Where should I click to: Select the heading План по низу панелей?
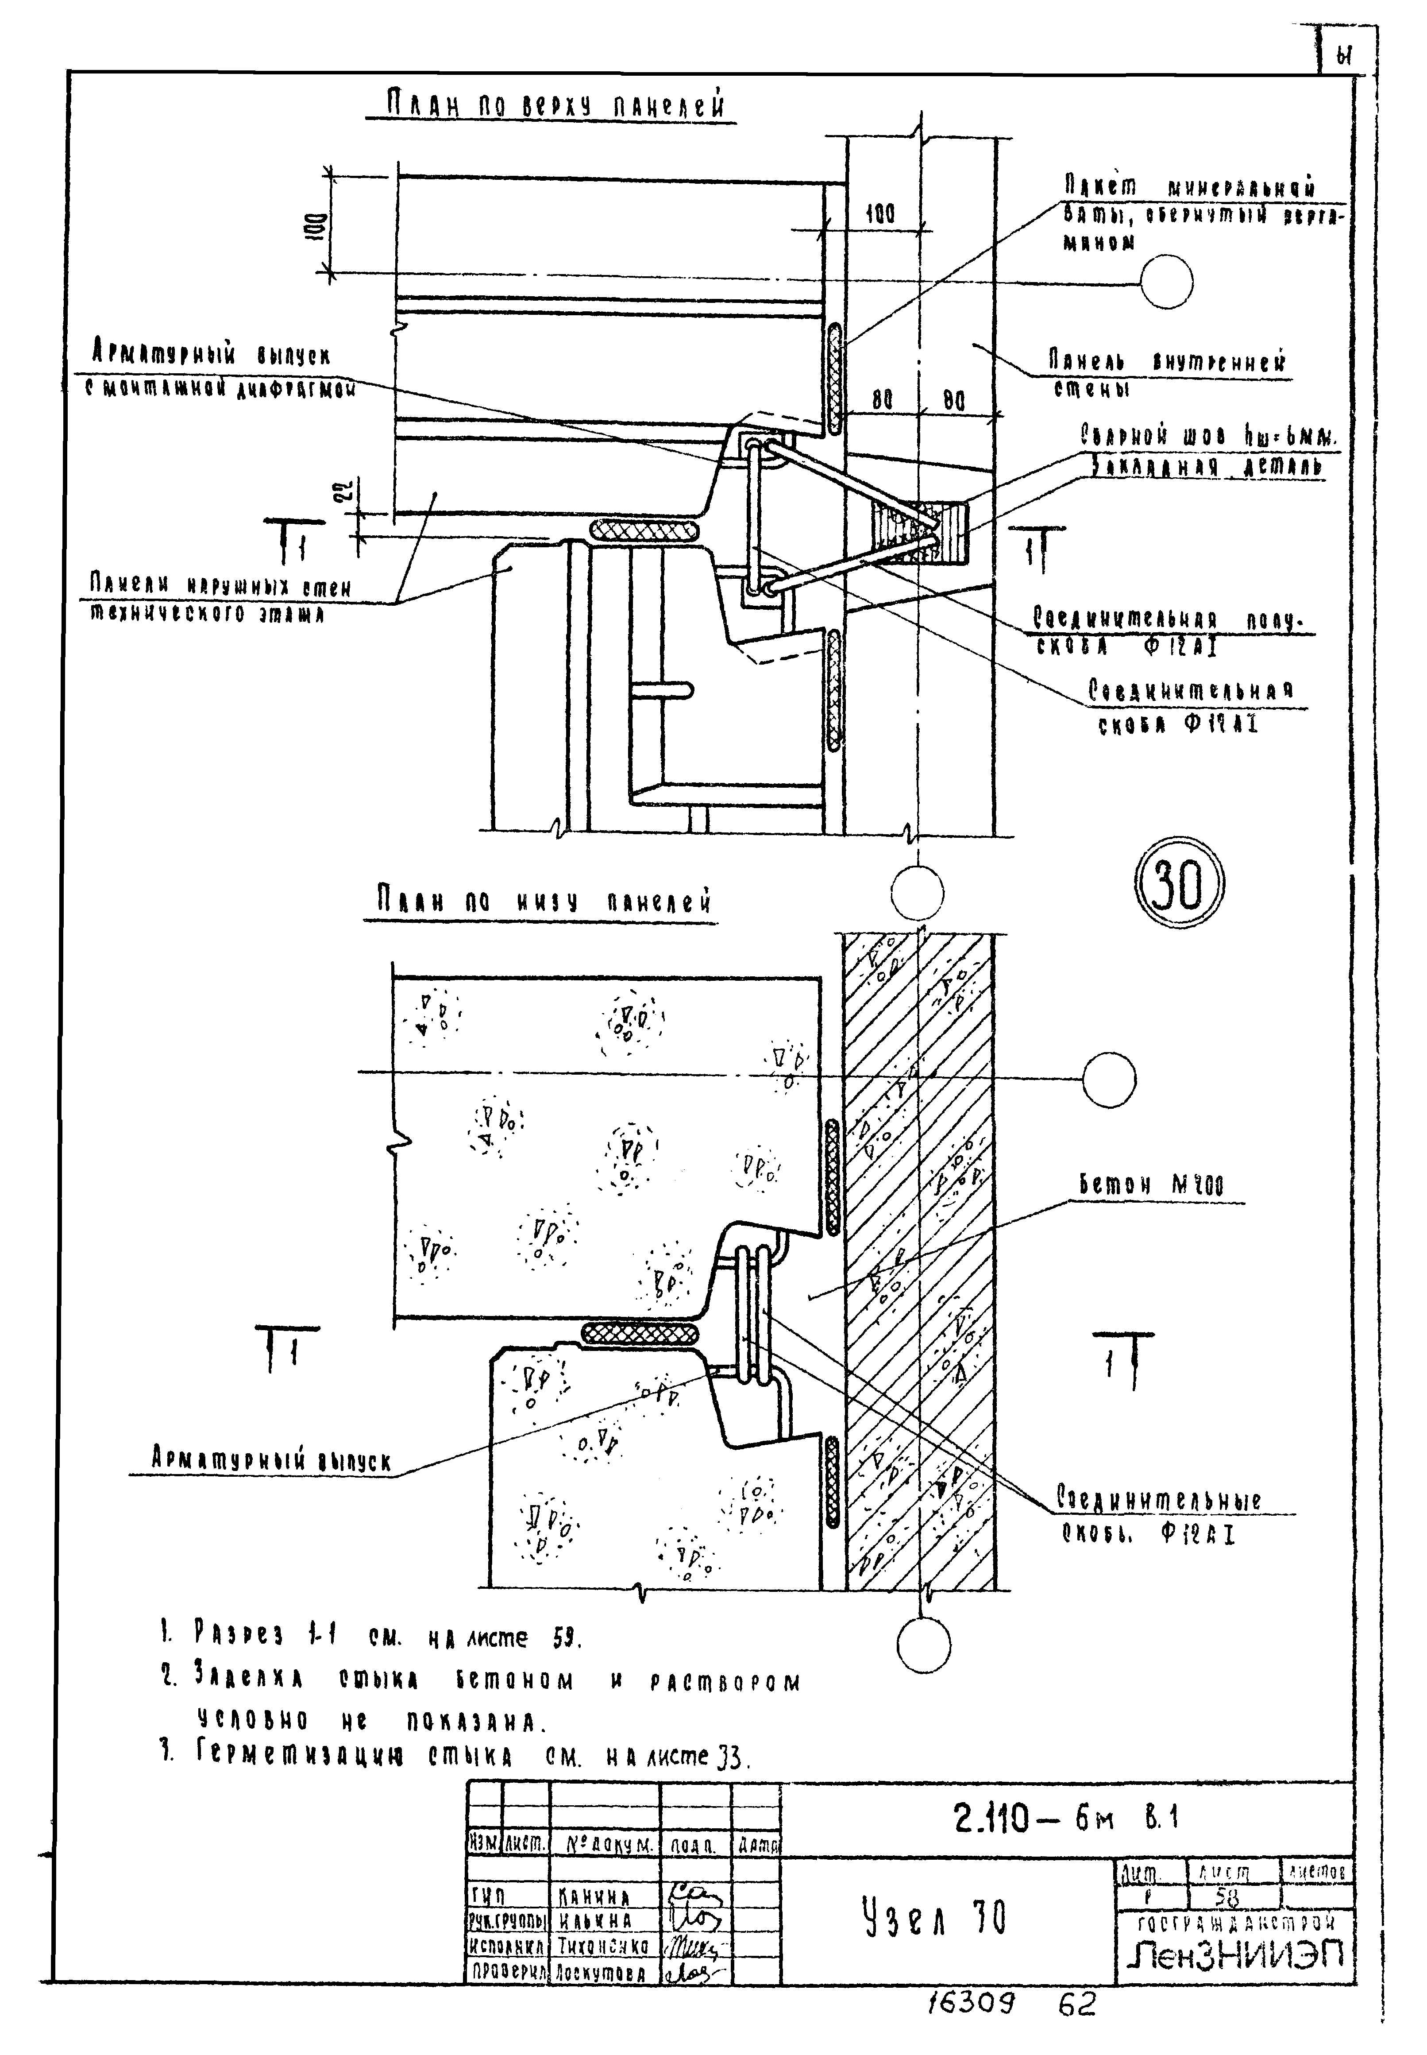click(x=541, y=902)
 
